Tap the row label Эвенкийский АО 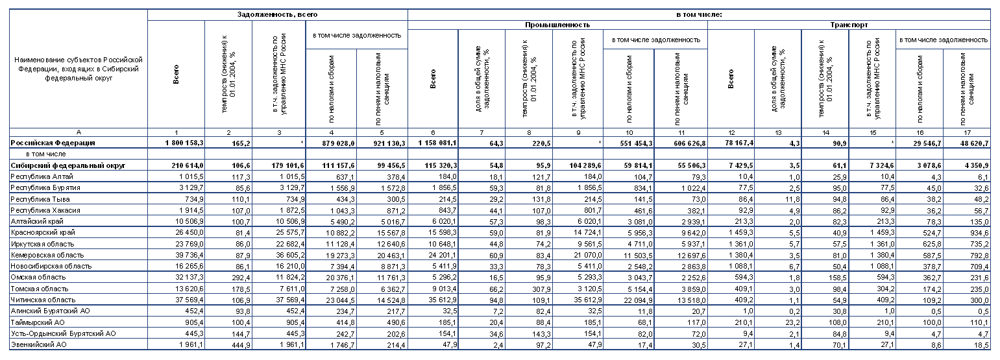(40, 344)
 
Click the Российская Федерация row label (53, 143)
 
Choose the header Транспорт (849, 25)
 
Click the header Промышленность (557, 25)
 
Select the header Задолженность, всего (277, 13)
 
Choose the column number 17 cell (966, 132)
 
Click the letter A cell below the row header (78, 132)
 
